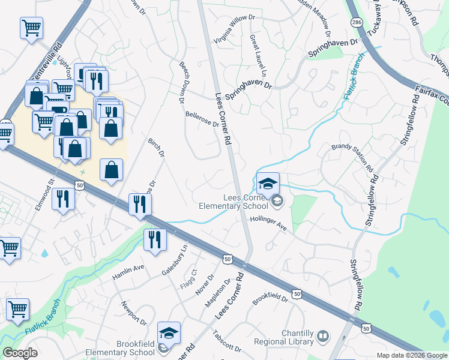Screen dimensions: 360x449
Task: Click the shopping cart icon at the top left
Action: click(31, 27)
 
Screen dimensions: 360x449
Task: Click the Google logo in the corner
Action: click(20, 353)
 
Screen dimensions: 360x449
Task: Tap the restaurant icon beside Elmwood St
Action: click(62, 198)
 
